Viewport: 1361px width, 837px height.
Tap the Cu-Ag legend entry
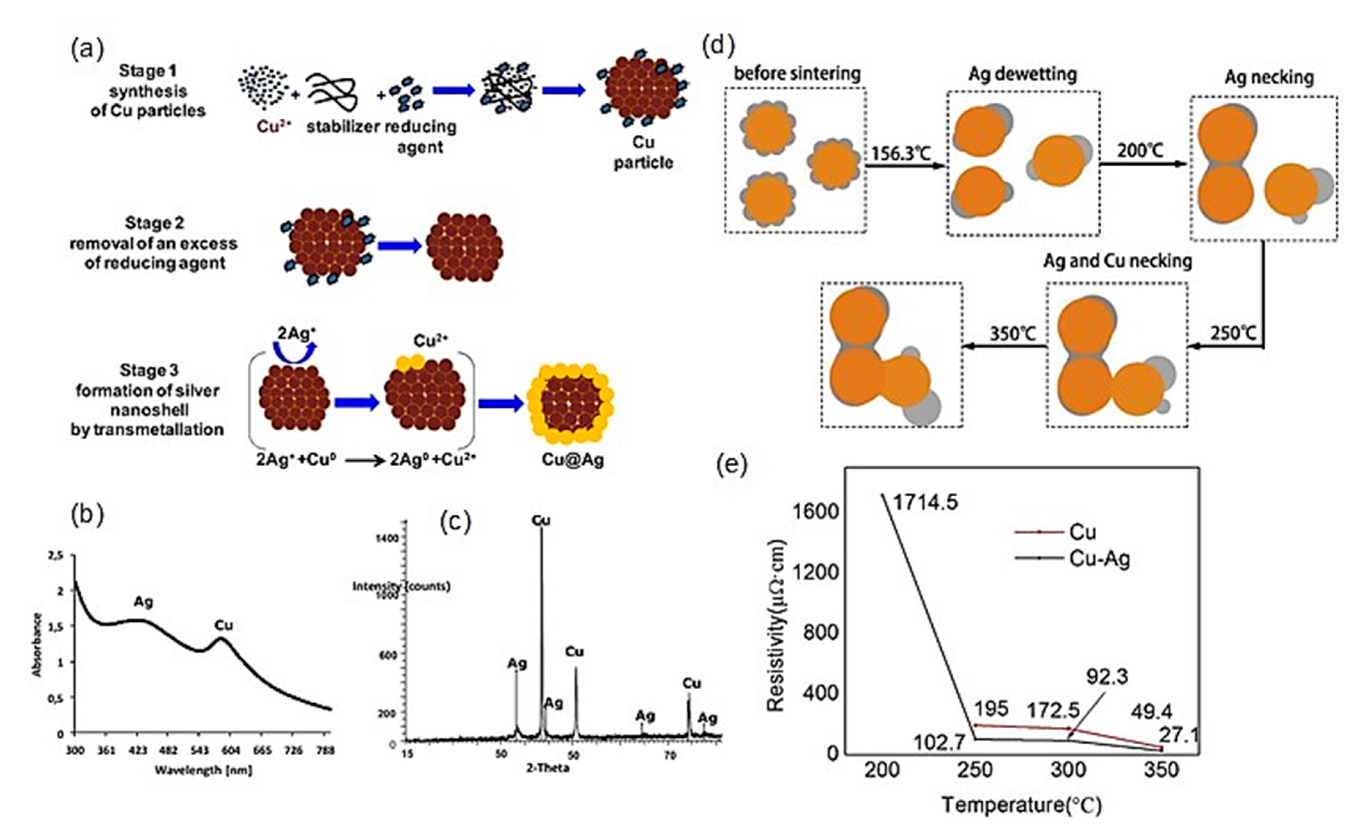(x=1099, y=559)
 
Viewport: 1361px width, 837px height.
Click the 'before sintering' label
(x=797, y=74)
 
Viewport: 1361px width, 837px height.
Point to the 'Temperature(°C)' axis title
(x=1021, y=805)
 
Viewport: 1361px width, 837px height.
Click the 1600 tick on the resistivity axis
(x=816, y=511)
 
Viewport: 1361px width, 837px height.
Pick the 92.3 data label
(x=1107, y=677)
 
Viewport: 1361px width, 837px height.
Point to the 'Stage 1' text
(x=147, y=71)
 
